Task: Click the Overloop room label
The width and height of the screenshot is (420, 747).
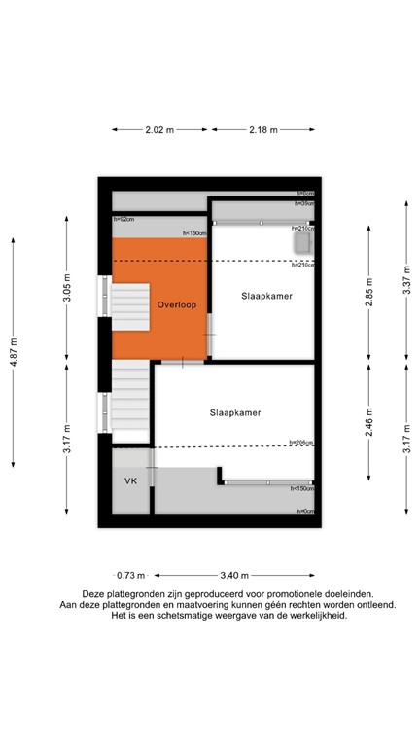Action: pos(177,304)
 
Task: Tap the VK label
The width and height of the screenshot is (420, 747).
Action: pos(129,481)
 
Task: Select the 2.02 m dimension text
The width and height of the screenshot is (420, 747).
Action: pos(158,129)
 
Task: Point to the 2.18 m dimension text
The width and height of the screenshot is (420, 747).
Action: pos(263,129)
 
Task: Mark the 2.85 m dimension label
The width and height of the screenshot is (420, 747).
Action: pos(369,292)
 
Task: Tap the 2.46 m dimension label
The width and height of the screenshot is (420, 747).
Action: pos(369,427)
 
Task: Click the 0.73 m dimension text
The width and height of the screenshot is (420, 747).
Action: pos(130,574)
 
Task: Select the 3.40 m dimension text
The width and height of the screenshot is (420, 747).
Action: pos(234,574)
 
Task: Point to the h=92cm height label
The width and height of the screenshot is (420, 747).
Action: pos(123,220)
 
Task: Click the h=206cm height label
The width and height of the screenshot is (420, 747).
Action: pos(302,444)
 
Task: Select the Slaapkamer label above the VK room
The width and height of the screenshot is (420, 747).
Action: pos(234,412)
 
